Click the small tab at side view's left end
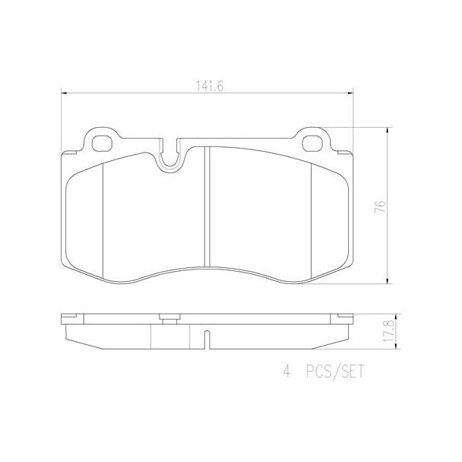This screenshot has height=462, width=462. click(x=70, y=315)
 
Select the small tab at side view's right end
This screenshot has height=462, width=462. click(x=343, y=315)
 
